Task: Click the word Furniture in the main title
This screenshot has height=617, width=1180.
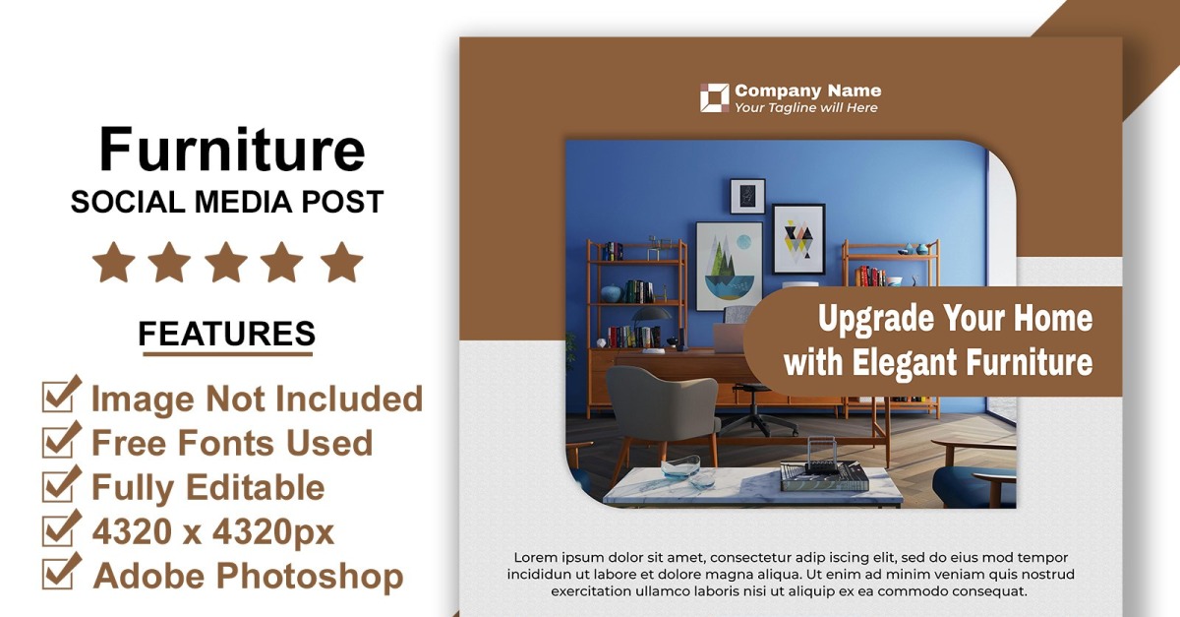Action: coord(232,151)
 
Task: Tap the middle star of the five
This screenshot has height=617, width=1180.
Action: coord(226,263)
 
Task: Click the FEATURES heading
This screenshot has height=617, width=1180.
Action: coord(226,335)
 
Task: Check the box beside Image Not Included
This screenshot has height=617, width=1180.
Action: coord(61,396)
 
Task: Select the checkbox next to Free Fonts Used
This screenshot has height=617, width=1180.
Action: coord(61,440)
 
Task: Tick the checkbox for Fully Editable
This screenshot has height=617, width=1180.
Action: coord(61,484)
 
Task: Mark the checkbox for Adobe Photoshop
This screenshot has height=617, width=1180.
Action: coord(61,573)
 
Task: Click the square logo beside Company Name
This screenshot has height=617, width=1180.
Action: coord(714,98)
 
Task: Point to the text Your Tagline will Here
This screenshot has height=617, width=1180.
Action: coord(806,108)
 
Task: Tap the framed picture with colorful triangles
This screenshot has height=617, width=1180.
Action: coord(798,238)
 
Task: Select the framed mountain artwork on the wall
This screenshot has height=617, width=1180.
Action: coord(729,266)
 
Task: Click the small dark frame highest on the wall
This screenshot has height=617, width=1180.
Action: coord(747,196)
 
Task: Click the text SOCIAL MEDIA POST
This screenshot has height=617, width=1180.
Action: coord(227,203)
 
